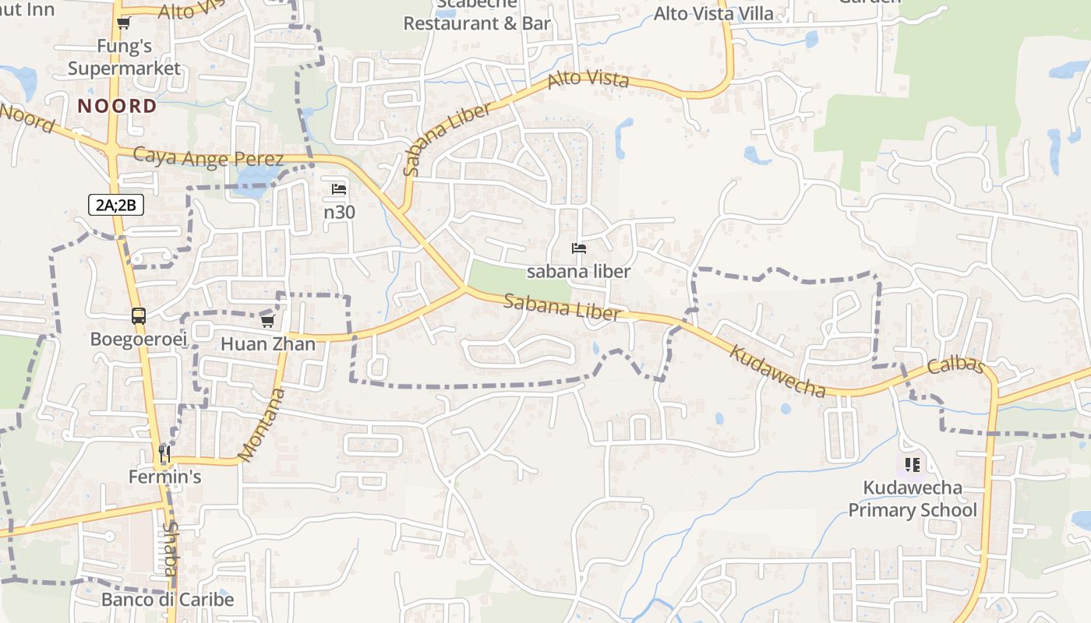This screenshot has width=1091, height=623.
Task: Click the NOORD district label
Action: [x=117, y=106]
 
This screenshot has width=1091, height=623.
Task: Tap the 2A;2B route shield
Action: [x=115, y=206]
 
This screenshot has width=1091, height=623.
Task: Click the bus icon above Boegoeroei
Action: [x=139, y=316]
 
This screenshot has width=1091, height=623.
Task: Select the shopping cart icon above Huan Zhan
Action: [x=268, y=321]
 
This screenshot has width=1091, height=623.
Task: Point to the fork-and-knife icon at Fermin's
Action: [x=164, y=453]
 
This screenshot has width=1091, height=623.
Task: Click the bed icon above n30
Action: [x=339, y=189]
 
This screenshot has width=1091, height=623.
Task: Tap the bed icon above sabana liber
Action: [x=578, y=248]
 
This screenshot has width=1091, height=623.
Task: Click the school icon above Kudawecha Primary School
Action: [x=913, y=465]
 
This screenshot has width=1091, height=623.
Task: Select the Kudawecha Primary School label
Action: [x=912, y=499]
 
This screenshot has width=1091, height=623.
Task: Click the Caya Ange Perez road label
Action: [x=208, y=157]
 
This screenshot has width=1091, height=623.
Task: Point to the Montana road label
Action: [x=262, y=424]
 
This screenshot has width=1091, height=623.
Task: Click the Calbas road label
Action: [x=956, y=365]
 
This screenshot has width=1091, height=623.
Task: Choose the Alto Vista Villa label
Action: [x=713, y=13]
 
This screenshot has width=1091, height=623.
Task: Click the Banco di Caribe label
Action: [x=168, y=600]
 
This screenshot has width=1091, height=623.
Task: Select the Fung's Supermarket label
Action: [x=124, y=58]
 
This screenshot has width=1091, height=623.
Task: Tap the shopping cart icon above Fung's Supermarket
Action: [x=123, y=23]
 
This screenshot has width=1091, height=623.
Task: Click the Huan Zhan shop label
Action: [x=268, y=344]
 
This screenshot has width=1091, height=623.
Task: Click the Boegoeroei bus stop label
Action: [x=139, y=340]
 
